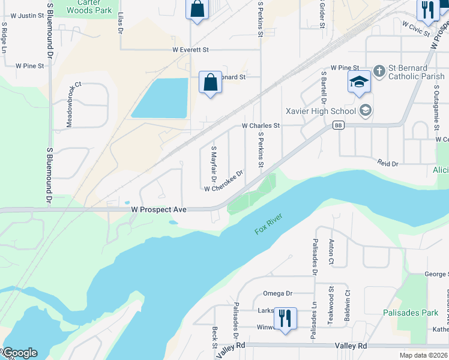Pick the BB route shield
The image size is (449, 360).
click(x=340, y=125)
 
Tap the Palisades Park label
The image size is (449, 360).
click(x=411, y=313)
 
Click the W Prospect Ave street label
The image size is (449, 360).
click(x=159, y=209)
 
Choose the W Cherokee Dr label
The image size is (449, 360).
click(x=223, y=181)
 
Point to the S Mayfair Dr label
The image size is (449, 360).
click(x=213, y=162)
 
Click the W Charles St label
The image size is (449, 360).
click(x=261, y=126)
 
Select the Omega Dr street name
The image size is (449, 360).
click(x=277, y=293)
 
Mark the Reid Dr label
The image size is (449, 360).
click(x=388, y=163)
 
